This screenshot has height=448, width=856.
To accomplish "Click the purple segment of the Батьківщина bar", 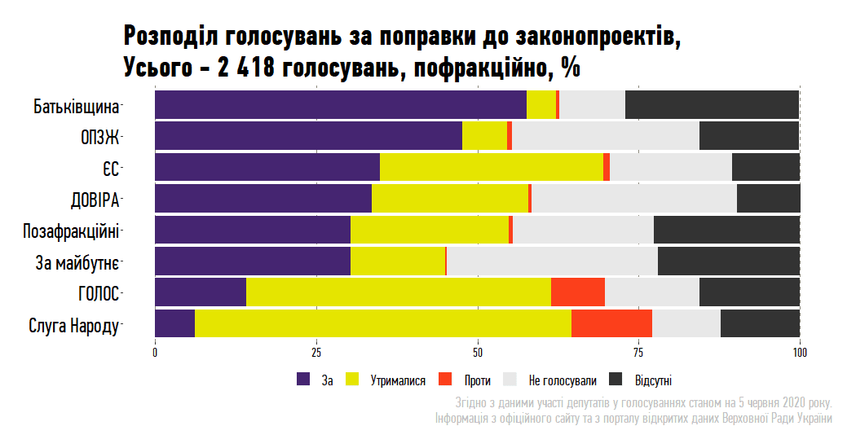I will click(341, 106).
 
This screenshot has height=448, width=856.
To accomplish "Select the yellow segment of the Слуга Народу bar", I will click(383, 323).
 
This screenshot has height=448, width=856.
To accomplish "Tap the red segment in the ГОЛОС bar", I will click(578, 292).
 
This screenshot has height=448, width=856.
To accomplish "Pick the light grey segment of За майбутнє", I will click(552, 261).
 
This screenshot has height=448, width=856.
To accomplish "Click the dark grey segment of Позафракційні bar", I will click(726, 230).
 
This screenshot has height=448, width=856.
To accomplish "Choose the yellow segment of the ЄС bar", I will click(492, 168).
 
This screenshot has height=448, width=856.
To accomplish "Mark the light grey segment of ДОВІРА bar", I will click(634, 199).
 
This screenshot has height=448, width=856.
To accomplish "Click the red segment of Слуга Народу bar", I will click(611, 323).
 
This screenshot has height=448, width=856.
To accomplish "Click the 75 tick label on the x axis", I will click(639, 353).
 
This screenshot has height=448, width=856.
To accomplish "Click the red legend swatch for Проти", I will click(445, 380).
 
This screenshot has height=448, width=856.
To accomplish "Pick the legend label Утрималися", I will click(399, 380).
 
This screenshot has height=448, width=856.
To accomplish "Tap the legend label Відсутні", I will click(653, 380).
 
